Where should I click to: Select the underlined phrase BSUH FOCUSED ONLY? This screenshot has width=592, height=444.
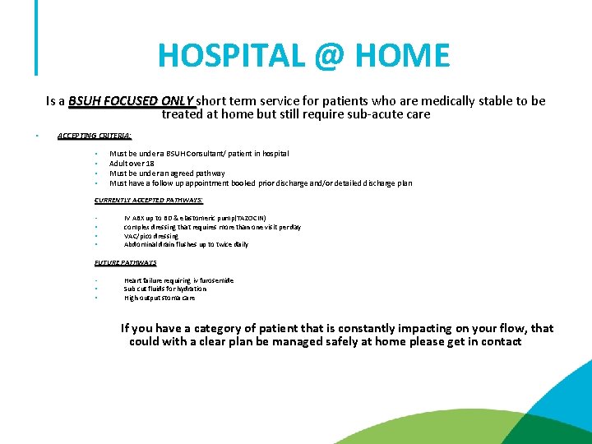click(132, 101)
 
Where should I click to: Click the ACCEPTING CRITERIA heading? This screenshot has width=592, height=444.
click(95, 136)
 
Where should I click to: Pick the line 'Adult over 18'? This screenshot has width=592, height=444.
click(132, 164)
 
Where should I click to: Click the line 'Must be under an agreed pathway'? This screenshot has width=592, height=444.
click(167, 173)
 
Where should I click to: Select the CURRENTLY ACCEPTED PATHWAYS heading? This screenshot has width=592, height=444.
click(149, 200)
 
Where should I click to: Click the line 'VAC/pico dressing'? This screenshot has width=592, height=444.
click(150, 236)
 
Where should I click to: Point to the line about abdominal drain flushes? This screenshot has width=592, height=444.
click(186, 245)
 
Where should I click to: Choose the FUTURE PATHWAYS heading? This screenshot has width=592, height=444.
click(125, 262)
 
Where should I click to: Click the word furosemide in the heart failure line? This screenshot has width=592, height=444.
click(216, 280)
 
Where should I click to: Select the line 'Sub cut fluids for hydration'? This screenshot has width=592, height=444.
click(165, 289)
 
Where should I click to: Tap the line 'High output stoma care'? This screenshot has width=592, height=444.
click(160, 298)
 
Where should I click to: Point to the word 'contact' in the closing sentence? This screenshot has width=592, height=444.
click(497, 341)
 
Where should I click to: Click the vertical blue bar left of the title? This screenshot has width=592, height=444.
click(36, 37)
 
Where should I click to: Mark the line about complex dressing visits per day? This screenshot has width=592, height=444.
click(212, 227)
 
